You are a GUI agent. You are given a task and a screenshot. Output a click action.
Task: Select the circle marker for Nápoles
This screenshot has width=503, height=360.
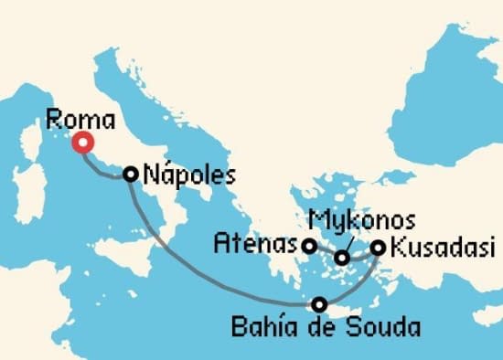[x=131, y=174]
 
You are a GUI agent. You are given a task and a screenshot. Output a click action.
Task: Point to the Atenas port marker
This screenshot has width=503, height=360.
[x=310, y=246]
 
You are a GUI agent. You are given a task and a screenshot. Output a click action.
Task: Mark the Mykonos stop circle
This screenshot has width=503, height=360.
[x=342, y=259]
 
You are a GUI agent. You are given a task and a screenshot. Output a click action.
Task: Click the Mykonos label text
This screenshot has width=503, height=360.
[x=362, y=221]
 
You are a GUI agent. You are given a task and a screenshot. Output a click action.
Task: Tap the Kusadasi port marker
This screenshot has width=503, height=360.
[x=378, y=247]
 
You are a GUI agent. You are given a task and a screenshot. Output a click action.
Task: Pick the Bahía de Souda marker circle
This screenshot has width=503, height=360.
[x=318, y=304]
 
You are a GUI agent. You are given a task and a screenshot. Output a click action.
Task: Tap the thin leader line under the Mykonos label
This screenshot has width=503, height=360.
[x=348, y=242]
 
